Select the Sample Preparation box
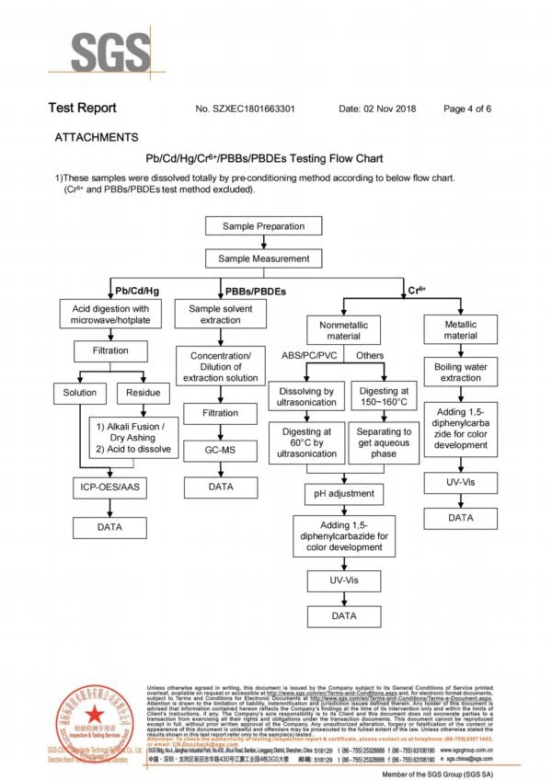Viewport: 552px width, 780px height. [x=263, y=226]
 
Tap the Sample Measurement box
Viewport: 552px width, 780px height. [x=263, y=258]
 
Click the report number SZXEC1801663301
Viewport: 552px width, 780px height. [x=246, y=109]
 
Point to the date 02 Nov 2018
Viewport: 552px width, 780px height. [x=377, y=109]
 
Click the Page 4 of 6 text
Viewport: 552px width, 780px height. [x=467, y=109]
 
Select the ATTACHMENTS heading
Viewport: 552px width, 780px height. [x=97, y=137]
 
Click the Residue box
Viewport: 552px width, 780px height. [x=143, y=393]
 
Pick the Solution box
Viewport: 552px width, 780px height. [x=80, y=393]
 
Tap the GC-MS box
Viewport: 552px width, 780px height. [x=220, y=451]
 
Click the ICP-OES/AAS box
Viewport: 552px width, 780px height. [x=109, y=487]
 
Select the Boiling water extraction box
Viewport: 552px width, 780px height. [x=460, y=372]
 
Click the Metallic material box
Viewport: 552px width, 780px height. [x=460, y=330]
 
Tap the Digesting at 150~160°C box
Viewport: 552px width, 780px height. [x=385, y=397]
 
